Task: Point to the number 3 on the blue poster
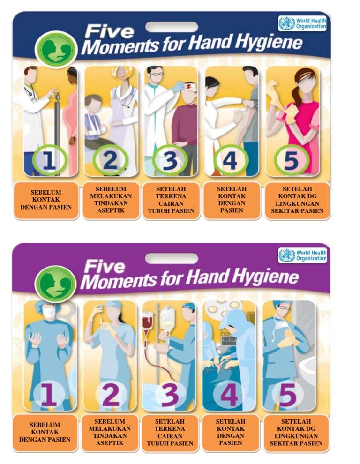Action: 170,161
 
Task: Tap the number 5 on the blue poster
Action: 291,161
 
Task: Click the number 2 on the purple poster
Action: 110,395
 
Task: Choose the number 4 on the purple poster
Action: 229,395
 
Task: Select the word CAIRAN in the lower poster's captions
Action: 170,435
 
